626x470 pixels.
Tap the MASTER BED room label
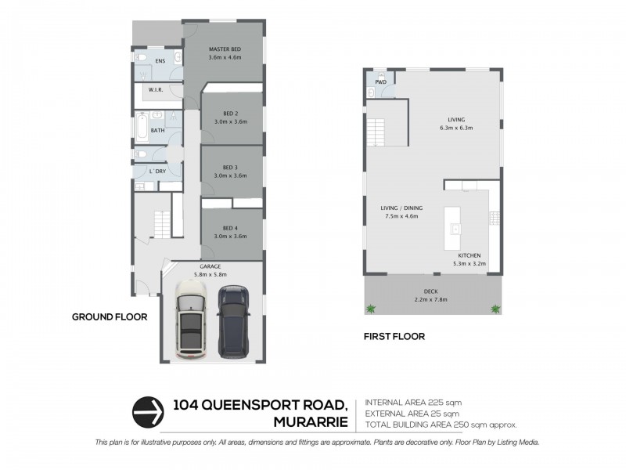[x=225, y=49]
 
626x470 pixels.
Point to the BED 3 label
[x=230, y=167]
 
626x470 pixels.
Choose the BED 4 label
[x=230, y=228]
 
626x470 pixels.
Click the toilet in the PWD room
[x=371, y=92]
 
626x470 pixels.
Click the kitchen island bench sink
[x=455, y=229]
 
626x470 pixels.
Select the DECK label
[x=431, y=291]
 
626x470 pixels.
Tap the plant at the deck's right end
[x=495, y=309]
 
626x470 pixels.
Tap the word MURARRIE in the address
[x=310, y=422]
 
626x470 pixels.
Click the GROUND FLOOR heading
[x=110, y=317]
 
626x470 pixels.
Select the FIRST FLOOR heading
[x=394, y=337]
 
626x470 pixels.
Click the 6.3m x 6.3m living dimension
[x=457, y=128]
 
